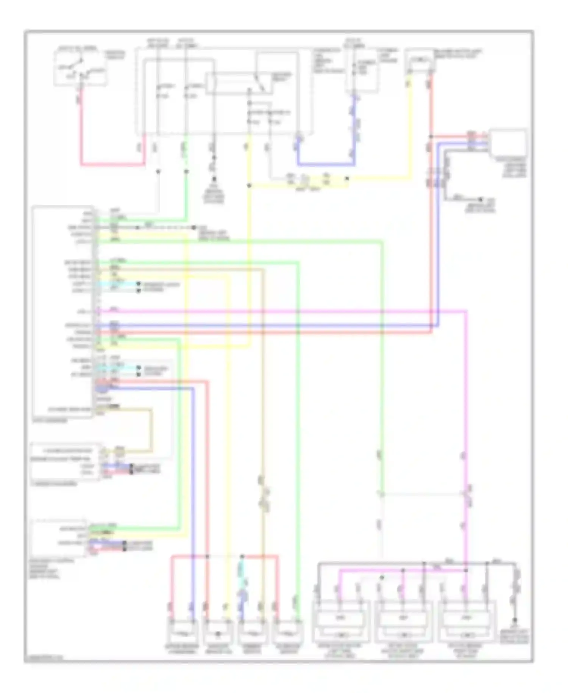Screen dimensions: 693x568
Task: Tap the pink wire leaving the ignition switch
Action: coord(81,133)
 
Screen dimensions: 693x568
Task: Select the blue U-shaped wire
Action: coord(326,165)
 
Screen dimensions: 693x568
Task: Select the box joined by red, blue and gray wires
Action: coord(508,143)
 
